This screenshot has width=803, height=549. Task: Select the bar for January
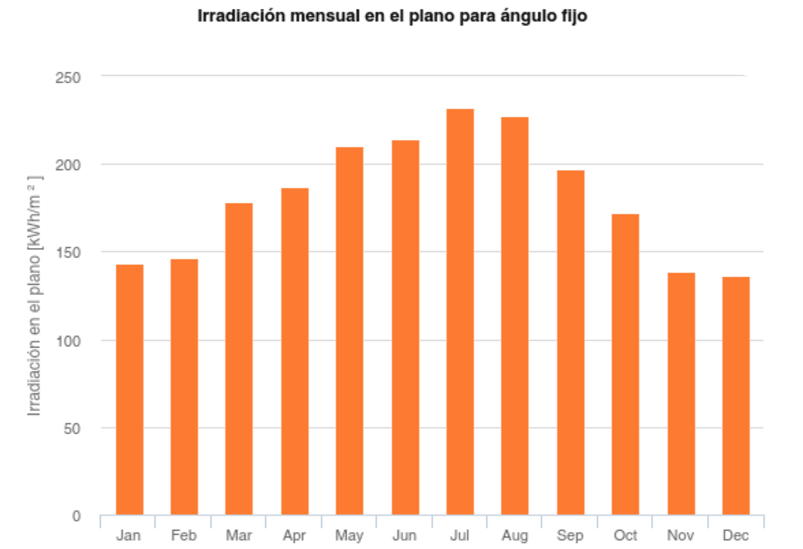click(130, 389)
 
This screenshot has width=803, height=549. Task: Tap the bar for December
click(736, 395)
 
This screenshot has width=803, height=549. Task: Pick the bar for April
click(295, 351)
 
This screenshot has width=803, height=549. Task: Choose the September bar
click(571, 342)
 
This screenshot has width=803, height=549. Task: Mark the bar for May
click(350, 330)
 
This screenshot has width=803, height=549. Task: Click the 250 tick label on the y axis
click(68, 77)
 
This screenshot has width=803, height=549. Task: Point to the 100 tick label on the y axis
click(68, 341)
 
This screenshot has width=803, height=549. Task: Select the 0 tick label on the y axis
click(76, 516)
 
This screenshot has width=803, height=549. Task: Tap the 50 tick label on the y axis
click(71, 429)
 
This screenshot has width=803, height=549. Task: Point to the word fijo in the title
click(572, 16)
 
